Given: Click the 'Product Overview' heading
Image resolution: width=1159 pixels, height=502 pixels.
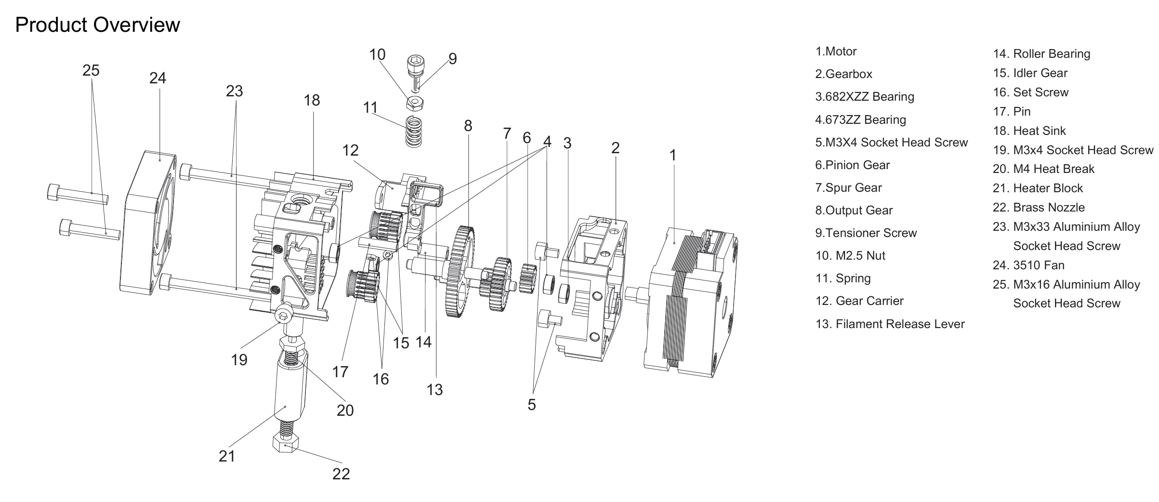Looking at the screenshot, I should click(x=97, y=25).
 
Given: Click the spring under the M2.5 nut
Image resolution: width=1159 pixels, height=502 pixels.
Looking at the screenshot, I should click(x=413, y=131).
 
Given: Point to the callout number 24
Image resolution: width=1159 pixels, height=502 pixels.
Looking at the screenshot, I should click(x=158, y=78).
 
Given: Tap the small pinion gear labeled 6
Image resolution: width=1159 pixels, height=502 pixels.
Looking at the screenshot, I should click(x=528, y=278).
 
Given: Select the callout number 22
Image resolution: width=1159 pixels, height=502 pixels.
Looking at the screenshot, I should click(x=341, y=474).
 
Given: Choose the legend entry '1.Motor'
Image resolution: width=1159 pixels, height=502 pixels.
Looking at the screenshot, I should click(x=836, y=52).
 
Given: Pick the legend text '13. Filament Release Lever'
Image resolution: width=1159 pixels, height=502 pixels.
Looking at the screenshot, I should click(x=890, y=324).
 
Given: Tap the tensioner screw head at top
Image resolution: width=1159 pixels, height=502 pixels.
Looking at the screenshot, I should click(x=414, y=63).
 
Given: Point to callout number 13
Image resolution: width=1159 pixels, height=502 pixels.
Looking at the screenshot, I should click(x=435, y=389).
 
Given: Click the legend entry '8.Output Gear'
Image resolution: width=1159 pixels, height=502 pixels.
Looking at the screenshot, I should click(x=854, y=211).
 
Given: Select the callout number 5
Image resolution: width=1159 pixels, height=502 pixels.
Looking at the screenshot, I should click(x=531, y=405).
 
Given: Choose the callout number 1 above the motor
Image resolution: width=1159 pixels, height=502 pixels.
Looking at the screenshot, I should click(x=672, y=155).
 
